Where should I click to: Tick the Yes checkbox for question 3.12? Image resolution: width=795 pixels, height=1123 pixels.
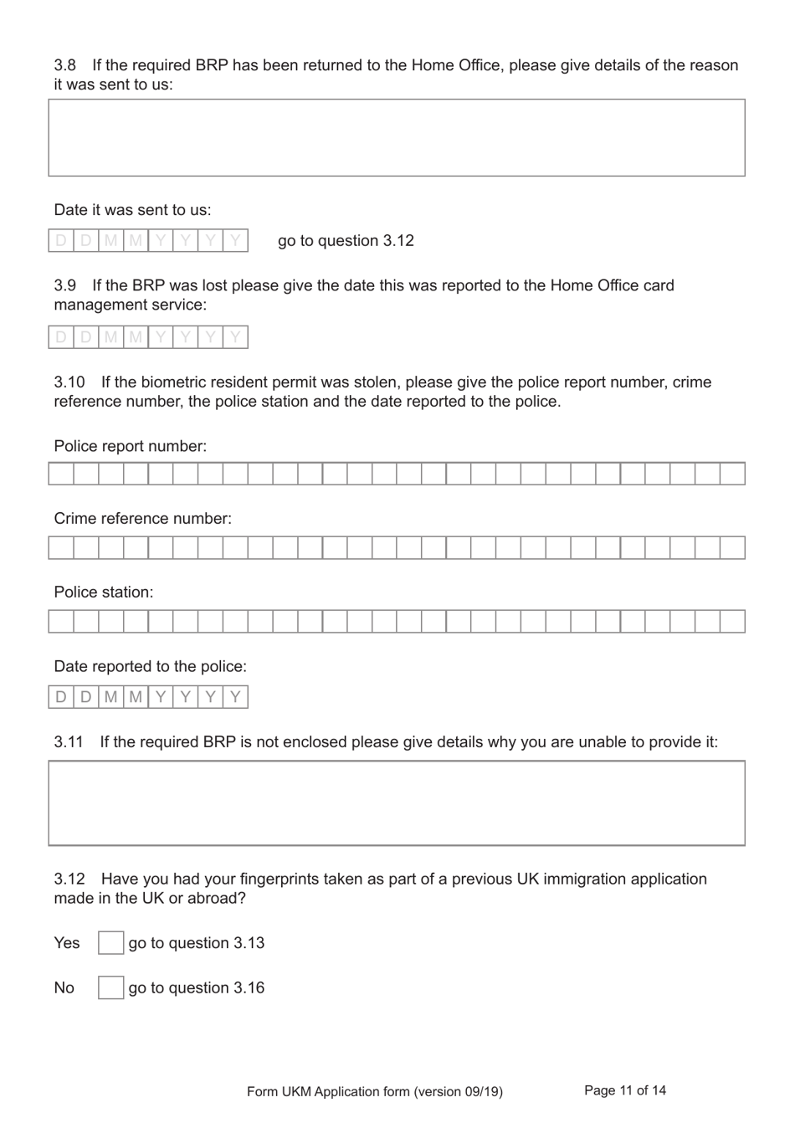110,943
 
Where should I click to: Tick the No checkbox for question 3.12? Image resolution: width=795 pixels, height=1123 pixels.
110,988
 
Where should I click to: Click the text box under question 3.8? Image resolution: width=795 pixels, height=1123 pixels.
397,138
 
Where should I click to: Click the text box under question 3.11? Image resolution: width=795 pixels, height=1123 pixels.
397,803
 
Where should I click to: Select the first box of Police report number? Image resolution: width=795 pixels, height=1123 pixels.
61,474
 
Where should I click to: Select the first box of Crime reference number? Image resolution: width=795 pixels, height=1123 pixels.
61,548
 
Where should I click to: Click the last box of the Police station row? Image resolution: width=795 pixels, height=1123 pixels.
732,622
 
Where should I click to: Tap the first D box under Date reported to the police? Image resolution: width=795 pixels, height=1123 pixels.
61,697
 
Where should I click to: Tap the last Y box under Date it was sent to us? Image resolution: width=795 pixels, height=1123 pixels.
235,241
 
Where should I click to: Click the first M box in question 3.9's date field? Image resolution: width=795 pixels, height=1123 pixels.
110,337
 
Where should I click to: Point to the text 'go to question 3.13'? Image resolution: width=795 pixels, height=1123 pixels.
197,943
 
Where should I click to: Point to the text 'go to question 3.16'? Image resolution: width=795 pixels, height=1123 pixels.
197,988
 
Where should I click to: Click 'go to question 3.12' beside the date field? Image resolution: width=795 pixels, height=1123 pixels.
346,241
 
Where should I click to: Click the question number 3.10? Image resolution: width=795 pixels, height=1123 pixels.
69,382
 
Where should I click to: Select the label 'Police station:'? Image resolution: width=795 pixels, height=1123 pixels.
104,592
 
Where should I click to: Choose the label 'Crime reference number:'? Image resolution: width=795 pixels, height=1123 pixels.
143,519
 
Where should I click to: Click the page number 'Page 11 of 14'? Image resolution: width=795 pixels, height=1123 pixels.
625,1090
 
